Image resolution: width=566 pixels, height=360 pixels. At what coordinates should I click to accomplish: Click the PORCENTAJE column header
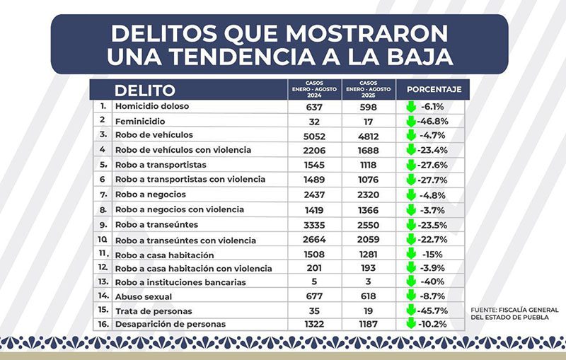[434, 90]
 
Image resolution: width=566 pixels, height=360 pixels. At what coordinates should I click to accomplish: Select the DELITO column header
[144, 91]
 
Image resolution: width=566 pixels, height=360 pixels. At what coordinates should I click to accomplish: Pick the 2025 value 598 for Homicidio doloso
[369, 107]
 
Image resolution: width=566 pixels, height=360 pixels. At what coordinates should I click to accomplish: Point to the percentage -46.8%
[433, 121]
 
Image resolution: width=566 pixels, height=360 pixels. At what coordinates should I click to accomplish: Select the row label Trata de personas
[154, 310]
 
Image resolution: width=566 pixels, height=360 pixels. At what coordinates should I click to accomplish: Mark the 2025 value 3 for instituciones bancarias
[369, 282]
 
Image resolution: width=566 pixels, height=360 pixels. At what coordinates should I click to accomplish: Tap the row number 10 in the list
[103, 240]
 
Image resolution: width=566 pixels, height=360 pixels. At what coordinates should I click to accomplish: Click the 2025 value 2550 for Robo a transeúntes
[369, 223]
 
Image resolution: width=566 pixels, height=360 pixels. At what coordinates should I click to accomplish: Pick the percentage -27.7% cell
[433, 179]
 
